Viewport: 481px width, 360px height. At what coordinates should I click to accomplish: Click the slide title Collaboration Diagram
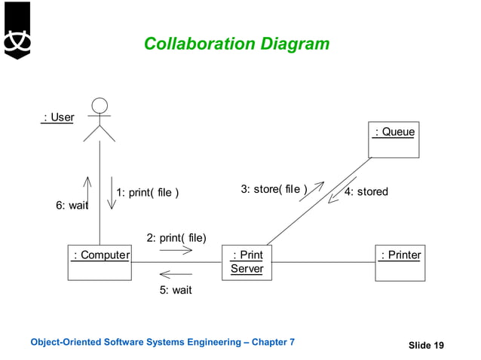[x=236, y=44]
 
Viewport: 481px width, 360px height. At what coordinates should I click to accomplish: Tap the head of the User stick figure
[x=99, y=106]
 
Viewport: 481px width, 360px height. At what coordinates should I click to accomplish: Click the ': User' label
[x=58, y=117]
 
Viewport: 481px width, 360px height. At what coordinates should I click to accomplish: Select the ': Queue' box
[x=394, y=139]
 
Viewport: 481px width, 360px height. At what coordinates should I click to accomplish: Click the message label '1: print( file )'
[x=148, y=192]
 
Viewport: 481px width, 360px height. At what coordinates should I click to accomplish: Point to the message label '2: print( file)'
[x=176, y=238]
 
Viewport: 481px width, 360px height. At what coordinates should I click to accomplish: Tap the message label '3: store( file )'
[x=274, y=189]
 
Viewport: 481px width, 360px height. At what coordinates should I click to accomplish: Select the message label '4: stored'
[x=366, y=192]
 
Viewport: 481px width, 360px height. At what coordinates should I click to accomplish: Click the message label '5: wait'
[x=175, y=289]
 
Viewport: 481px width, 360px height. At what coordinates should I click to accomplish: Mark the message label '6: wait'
[x=72, y=205]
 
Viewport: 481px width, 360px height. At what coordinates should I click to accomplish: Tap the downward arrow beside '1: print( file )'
[x=112, y=194]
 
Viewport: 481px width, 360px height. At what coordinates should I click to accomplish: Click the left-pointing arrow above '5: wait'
[x=175, y=274]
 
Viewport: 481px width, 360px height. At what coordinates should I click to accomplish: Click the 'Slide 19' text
[x=426, y=345]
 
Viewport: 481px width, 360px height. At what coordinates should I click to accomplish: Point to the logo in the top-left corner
[x=16, y=32]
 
